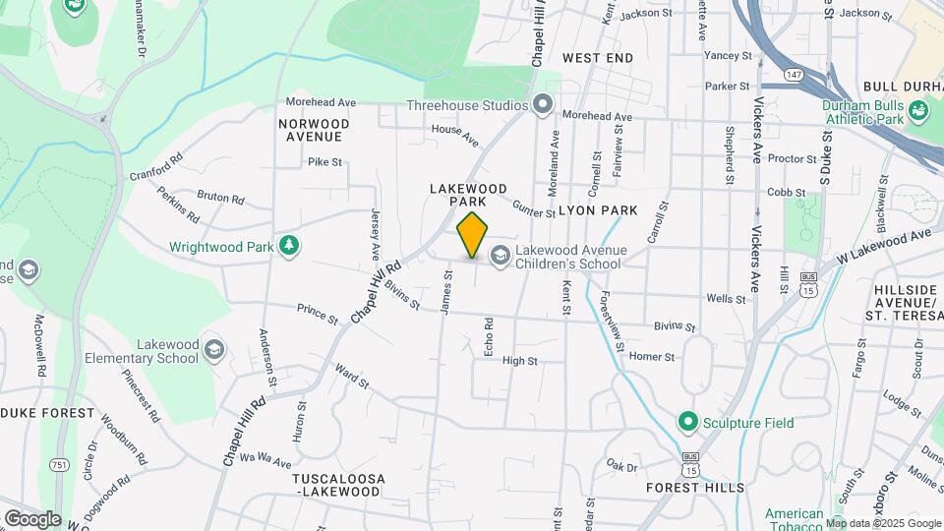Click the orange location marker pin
tap(473, 235)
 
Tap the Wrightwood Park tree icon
tap(289, 246)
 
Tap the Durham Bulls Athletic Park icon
tap(919, 110)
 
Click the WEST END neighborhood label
tap(598, 59)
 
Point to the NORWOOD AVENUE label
tap(313, 130)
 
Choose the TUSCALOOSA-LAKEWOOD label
tap(337, 484)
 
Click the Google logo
tap(32, 518)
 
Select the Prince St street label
tap(318, 314)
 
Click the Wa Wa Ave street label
tap(265, 461)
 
